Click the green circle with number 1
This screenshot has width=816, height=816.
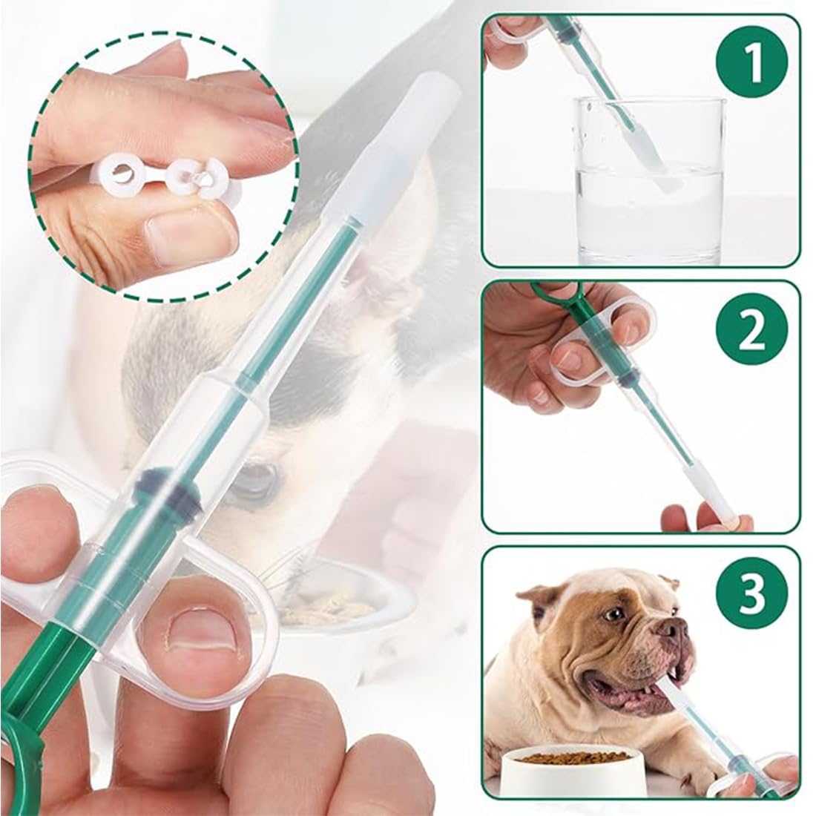752,64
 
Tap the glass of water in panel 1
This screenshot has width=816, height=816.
650,180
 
